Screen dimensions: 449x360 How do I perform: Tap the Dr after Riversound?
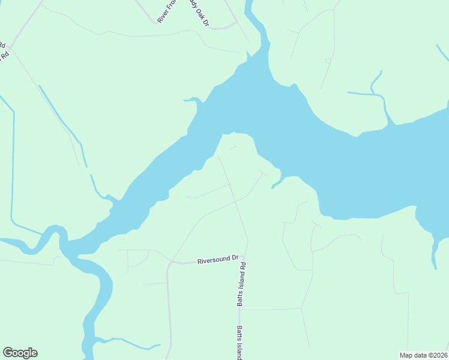click(235, 258)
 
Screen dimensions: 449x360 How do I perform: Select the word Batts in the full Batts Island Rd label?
click(240, 299)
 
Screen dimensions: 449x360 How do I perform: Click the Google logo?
click(20, 353)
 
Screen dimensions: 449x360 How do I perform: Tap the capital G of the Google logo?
click(8, 353)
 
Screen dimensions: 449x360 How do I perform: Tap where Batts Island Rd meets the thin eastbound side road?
click(240, 310)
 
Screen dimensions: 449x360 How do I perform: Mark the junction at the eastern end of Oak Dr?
click(236, 22)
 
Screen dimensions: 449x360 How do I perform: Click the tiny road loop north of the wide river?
click(328, 60)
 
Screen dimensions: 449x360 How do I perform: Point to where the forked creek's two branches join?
click(373, 92)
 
